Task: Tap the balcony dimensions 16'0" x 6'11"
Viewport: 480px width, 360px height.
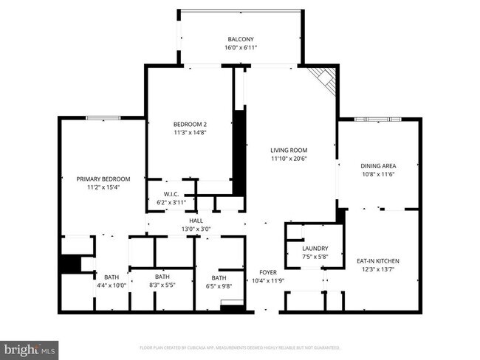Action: coord(240,48)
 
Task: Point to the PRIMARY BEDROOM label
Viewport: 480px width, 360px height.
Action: coord(103,179)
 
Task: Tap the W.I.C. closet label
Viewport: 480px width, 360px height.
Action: coord(163,195)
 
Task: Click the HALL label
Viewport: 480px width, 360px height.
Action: coord(196,221)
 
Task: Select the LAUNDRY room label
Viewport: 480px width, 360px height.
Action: coord(315,249)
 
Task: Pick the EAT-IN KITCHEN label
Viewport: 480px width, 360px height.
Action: coord(378,261)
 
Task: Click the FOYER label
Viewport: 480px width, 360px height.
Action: coord(267,272)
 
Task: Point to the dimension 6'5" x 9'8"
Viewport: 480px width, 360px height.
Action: coord(219,285)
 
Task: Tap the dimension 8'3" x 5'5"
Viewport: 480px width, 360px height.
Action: coord(162,285)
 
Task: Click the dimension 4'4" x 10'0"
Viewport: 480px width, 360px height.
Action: coord(112,285)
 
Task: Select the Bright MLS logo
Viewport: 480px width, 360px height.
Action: coord(30,347)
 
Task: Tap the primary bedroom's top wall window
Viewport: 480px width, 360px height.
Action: coord(103,117)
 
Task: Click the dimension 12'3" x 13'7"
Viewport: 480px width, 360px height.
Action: coord(378,270)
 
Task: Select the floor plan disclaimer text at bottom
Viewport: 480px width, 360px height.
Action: coord(239,347)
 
